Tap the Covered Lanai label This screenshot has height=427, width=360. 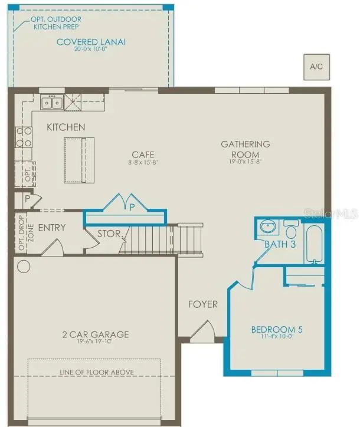(x=91, y=42)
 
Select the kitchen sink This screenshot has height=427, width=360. (x=52, y=103)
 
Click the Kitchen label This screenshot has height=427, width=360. (x=66, y=127)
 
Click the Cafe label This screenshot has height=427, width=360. (x=143, y=155)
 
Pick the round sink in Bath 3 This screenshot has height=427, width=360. (x=269, y=227)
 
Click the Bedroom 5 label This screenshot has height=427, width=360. (x=277, y=330)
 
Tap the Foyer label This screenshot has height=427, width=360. (x=202, y=304)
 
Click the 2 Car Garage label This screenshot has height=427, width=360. (x=96, y=334)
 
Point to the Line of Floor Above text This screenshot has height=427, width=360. (x=97, y=372)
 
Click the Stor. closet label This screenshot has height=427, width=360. (x=109, y=233)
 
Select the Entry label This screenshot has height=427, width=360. (x=52, y=228)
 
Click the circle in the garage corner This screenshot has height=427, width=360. (x=24, y=266)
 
